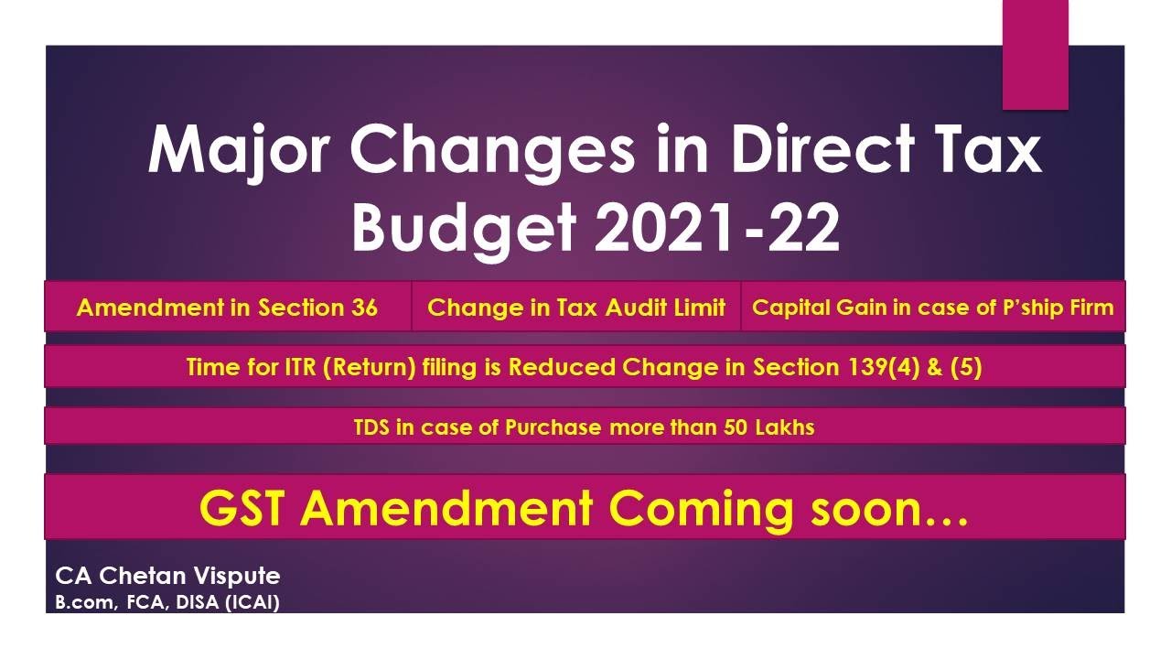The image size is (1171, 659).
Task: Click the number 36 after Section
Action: pos(363,308)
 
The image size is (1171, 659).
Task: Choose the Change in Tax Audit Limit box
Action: pos(576,308)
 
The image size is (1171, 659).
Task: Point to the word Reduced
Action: pos(563,368)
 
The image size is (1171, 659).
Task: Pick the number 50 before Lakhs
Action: pos(736,427)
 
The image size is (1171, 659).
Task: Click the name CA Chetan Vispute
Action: pos(167,576)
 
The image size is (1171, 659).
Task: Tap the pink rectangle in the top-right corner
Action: pos(1036,55)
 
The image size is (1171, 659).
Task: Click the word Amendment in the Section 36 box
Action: pos(152,308)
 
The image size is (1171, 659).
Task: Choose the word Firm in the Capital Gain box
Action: pos(1094,308)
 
